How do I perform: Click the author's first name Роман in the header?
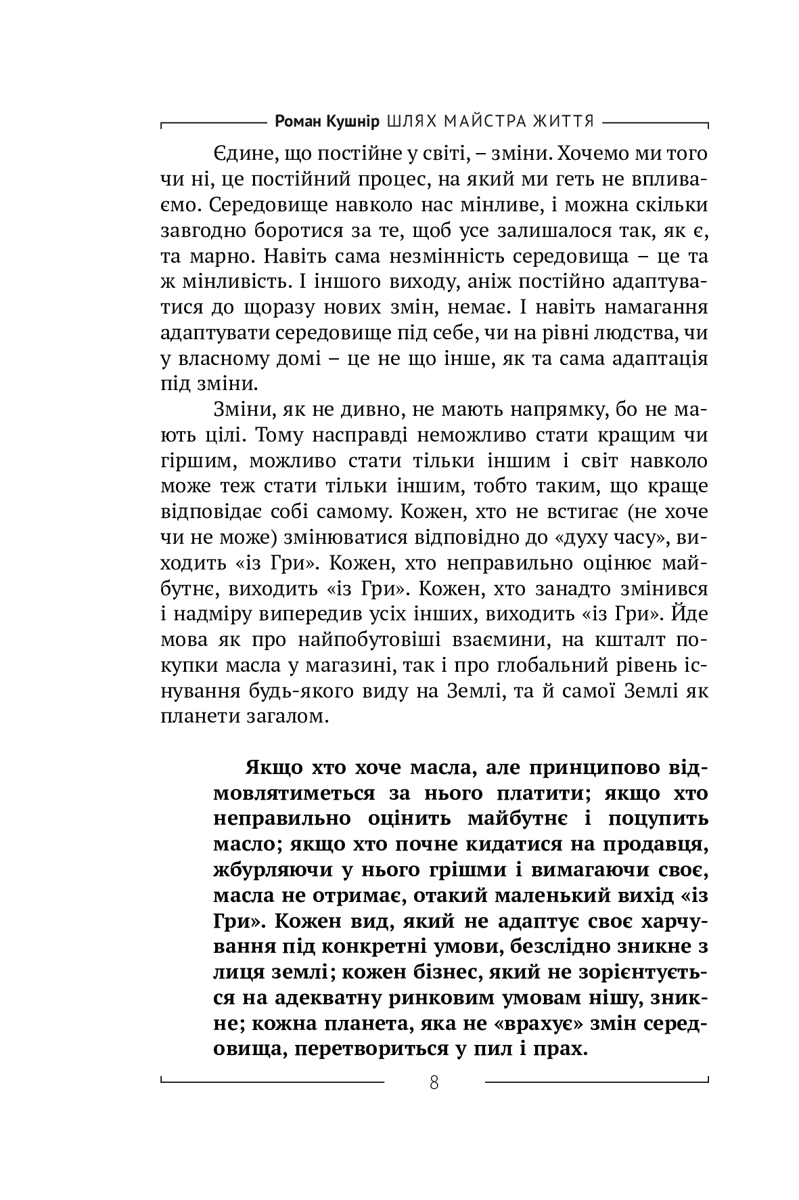point(298,121)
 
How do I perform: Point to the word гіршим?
point(196,463)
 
